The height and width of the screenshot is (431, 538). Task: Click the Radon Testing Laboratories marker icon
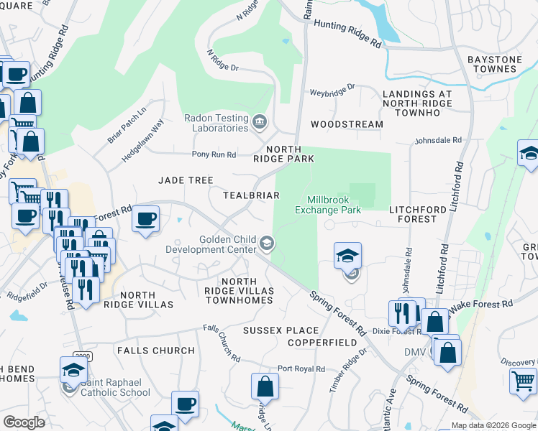coord(258,123)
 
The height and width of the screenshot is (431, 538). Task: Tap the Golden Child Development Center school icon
coord(267,244)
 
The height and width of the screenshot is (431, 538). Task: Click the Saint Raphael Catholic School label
coord(115,388)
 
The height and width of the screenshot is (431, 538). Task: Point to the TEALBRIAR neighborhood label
coord(251,195)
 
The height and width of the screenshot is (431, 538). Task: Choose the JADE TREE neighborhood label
coord(186,180)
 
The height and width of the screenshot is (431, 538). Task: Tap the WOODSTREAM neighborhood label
coord(347,124)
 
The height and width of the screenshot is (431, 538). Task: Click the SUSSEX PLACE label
coord(280,330)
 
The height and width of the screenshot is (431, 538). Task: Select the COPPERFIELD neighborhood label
coord(322,343)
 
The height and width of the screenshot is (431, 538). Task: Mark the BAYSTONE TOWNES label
coord(502,64)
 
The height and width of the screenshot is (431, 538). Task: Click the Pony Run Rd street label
coord(214,154)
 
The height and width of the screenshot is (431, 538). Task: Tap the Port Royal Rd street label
coord(301,369)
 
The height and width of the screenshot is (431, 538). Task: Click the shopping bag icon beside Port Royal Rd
coord(265,386)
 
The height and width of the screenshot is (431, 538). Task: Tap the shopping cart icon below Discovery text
coord(523,380)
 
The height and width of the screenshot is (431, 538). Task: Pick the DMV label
coord(415,352)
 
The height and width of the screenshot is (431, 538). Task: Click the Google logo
coord(24,422)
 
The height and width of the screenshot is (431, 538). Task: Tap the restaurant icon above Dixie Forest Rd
coord(401,312)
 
